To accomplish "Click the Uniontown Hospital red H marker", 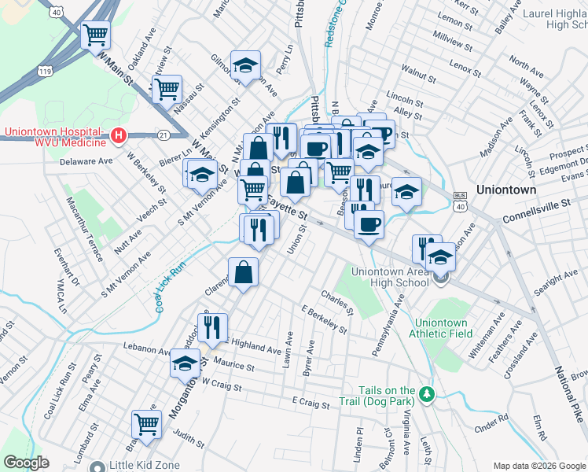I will click(x=118, y=136).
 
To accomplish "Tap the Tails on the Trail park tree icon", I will click(x=426, y=393).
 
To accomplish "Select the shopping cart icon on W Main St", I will click(x=96, y=35).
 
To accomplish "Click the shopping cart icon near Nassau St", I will click(x=167, y=88).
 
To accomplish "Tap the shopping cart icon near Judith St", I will click(x=146, y=425).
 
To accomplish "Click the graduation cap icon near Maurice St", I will click(x=186, y=363).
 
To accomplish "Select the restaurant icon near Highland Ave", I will click(x=212, y=327).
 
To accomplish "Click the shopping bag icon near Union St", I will click(x=244, y=272).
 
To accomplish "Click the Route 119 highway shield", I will click(x=44, y=71).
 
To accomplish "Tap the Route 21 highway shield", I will click(x=163, y=136).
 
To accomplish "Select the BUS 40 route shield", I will click(x=460, y=201).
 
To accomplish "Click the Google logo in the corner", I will click(x=27, y=463).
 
